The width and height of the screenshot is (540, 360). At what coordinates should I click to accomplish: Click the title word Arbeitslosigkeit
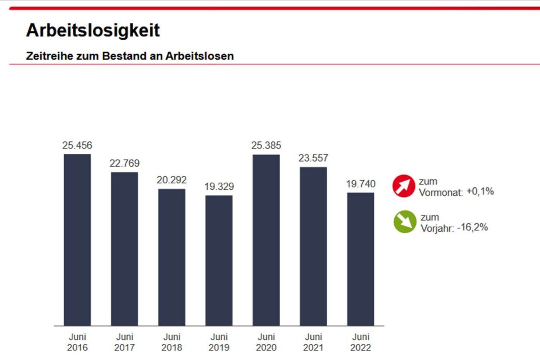[93, 31]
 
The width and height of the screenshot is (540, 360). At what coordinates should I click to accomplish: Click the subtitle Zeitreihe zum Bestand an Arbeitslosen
[130, 56]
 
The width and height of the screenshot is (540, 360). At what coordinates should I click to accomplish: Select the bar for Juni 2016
[77, 240]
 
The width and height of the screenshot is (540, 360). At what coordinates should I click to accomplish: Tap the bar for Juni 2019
[219, 261]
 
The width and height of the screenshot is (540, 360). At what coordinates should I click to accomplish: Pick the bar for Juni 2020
[266, 240]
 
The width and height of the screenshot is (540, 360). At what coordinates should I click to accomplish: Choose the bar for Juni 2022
[360, 259]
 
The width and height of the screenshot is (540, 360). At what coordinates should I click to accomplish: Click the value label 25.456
[77, 145]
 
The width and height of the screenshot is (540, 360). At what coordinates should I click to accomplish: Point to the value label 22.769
[125, 164]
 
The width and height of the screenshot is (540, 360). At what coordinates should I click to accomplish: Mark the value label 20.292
[172, 180]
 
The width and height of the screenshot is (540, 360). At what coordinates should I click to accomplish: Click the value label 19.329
[219, 187]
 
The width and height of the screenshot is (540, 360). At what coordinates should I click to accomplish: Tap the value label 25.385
[266, 146]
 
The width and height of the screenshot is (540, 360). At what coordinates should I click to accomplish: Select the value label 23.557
[313, 158]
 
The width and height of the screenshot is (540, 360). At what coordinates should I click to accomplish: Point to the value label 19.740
[360, 184]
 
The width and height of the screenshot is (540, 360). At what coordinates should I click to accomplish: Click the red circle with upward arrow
[404, 186]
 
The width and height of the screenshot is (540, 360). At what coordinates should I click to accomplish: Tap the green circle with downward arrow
[405, 222]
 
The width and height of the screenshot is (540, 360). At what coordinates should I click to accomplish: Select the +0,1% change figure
[479, 192]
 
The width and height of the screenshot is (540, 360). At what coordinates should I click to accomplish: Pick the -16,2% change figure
[472, 228]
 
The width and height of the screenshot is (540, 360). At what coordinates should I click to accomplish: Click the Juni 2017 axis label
[125, 342]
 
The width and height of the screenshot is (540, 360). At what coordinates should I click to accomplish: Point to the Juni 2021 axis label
[313, 342]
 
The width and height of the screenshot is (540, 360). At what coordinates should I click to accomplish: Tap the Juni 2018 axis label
[172, 342]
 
